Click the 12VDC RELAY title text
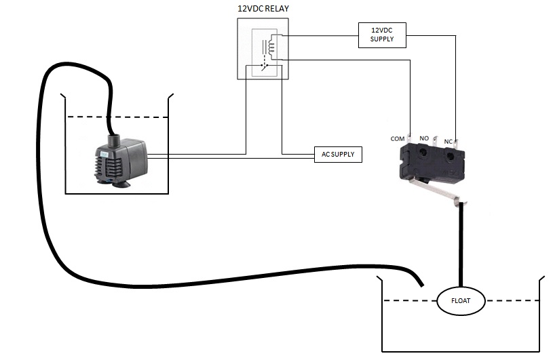click(x=263, y=8)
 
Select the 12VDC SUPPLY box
click(x=382, y=35)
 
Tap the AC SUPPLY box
click(x=338, y=155)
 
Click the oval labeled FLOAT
click(x=461, y=301)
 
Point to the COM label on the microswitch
click(x=397, y=139)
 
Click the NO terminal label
click(x=424, y=138)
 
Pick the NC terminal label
click(x=448, y=142)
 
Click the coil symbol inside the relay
click(x=271, y=46)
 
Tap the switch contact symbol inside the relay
click(x=263, y=66)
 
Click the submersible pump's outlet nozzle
click(x=113, y=140)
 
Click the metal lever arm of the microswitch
click(x=436, y=191)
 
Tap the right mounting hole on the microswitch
click(x=449, y=156)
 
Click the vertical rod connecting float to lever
click(x=461, y=245)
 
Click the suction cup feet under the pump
click(x=114, y=183)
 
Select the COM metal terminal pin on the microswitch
click(x=409, y=139)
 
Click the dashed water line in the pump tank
click(x=117, y=117)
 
